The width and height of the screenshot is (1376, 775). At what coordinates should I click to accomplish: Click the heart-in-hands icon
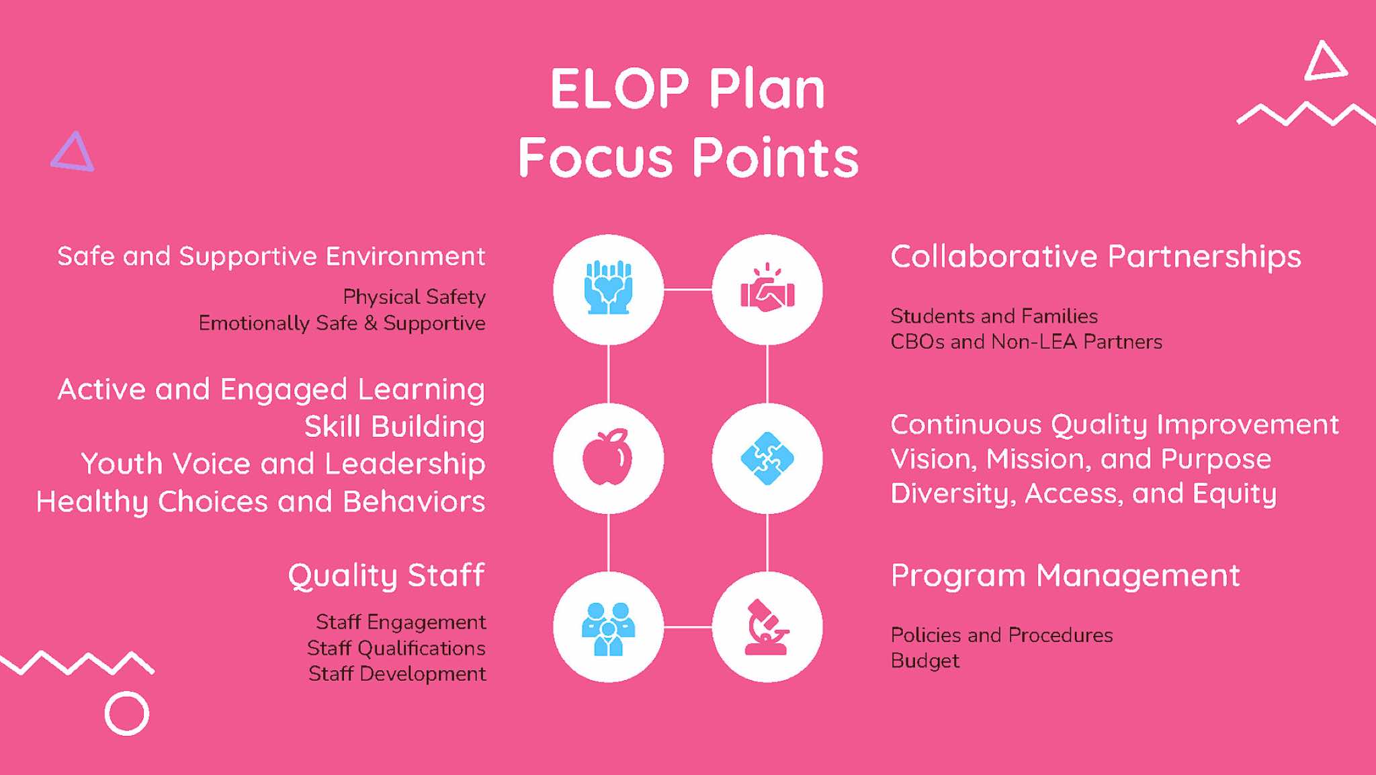[608, 288]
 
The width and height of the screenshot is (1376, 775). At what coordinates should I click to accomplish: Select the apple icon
[607, 457]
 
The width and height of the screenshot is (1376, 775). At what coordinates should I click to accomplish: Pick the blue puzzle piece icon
[767, 458]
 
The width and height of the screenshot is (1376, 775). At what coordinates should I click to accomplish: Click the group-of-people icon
[608, 628]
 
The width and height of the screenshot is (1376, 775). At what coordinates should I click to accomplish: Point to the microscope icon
[767, 626]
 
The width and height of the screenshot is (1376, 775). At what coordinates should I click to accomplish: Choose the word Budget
[924, 661]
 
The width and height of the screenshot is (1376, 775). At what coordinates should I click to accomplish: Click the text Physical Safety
[414, 297]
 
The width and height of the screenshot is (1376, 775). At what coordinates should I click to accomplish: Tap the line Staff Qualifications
[396, 648]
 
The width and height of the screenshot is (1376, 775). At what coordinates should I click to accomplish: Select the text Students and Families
[994, 316]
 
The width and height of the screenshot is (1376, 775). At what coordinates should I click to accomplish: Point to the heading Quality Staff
[386, 576]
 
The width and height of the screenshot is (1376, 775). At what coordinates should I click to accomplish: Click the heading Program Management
[1065, 576]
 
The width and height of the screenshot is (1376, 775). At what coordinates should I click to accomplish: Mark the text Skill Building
[394, 427]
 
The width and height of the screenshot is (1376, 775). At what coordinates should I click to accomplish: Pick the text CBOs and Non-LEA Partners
[1026, 341]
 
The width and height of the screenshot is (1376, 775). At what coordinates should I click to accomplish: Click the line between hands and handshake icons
[687, 290]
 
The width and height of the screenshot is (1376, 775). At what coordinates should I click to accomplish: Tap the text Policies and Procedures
[1001, 635]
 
